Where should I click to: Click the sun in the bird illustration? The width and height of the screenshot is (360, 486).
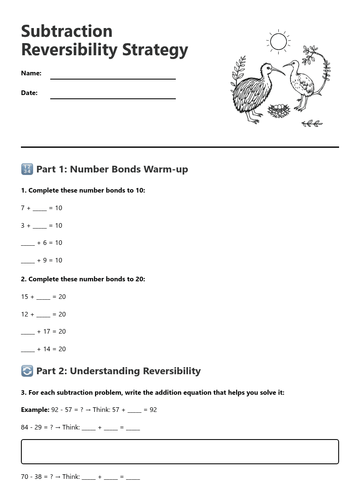click(x=278, y=42)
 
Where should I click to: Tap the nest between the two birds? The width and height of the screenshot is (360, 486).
click(x=279, y=111)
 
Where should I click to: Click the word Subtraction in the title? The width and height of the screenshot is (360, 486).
click(x=67, y=31)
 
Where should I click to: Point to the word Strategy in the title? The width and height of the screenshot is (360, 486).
click(x=155, y=50)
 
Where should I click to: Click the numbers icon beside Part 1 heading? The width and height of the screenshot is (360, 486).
click(x=27, y=169)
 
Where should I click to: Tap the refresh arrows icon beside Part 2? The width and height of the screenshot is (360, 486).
click(x=27, y=371)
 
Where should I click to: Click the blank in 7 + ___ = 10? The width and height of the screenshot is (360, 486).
click(x=40, y=208)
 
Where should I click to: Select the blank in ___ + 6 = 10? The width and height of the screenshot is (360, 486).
click(x=28, y=243)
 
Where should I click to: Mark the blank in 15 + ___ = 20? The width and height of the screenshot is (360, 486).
click(x=43, y=297)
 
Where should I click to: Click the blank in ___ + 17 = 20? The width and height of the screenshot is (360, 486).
click(x=28, y=332)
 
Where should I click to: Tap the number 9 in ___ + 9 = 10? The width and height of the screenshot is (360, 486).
click(x=45, y=260)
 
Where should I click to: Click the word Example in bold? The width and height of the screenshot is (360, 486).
click(x=35, y=410)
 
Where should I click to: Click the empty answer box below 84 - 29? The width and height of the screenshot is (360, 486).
click(x=180, y=452)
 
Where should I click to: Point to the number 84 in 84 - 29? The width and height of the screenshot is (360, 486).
click(x=25, y=427)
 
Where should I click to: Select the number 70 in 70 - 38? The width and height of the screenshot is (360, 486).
click(x=25, y=476)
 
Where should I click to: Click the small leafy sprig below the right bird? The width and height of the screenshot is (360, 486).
click(x=312, y=123)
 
